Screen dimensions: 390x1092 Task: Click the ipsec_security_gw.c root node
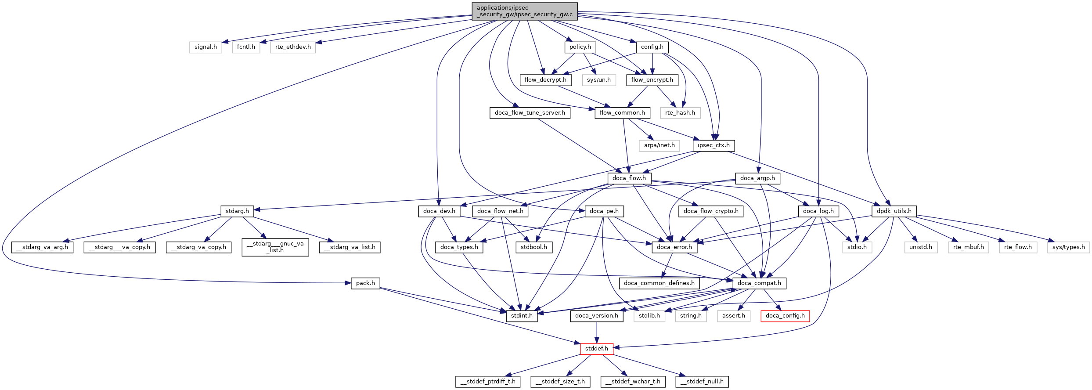coord(525,11)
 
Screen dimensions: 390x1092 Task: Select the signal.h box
coord(205,47)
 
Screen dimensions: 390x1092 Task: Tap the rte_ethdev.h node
coord(293,47)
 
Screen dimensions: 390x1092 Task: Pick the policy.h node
coord(580,47)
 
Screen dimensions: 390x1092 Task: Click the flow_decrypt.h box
coord(545,80)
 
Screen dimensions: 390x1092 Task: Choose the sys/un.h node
coord(599,80)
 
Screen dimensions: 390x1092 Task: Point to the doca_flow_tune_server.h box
coord(530,113)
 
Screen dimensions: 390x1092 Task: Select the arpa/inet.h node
coord(659,145)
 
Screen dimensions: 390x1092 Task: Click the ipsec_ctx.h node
coord(714,145)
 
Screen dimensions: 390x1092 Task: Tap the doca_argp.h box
coord(757,178)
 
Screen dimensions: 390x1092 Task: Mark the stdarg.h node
coord(237,211)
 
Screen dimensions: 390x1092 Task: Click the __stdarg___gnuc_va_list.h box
coord(275,247)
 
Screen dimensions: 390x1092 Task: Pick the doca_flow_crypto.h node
coord(710,211)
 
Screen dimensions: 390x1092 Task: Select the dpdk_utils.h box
coord(894,211)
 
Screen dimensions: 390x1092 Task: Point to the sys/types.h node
coord(1068,247)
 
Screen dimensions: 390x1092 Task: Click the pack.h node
coord(365,283)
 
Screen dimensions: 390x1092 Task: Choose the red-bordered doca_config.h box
coord(785,316)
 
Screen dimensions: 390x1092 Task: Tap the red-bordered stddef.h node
coord(597,349)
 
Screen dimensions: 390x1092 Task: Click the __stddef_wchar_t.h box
coord(633,382)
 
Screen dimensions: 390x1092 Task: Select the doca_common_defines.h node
coord(659,283)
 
